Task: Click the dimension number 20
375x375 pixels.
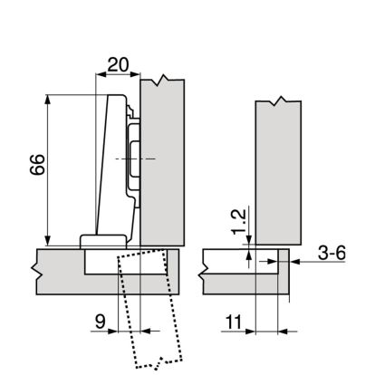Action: [x=118, y=64]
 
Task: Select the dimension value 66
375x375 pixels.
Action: [x=37, y=165]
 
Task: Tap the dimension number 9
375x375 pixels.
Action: [x=101, y=322]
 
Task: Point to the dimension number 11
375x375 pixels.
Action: [x=234, y=322]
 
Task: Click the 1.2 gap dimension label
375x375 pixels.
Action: [x=239, y=222]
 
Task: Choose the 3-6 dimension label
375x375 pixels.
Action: [x=332, y=253]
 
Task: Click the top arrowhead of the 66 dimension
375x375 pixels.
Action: [x=47, y=100]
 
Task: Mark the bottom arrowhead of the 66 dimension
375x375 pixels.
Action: [x=47, y=241]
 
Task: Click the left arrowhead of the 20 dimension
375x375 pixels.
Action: [x=100, y=74]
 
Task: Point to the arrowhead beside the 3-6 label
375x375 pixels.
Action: [x=295, y=262]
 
